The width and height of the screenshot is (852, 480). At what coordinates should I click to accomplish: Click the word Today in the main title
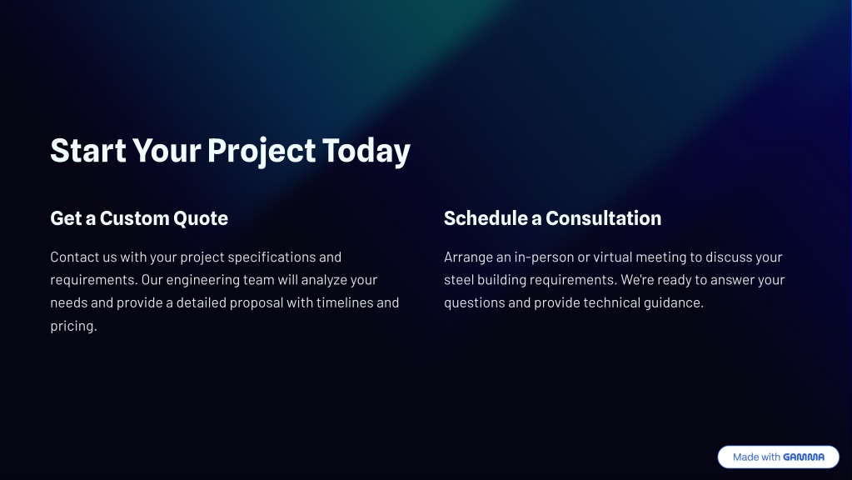coord(366,151)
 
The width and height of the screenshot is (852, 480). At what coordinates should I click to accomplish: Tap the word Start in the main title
coord(88,151)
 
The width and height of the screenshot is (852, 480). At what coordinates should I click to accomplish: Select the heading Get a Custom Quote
coord(139,218)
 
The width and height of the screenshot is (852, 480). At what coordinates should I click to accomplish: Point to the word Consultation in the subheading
coord(603,218)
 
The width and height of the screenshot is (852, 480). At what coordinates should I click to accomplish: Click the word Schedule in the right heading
coord(486,218)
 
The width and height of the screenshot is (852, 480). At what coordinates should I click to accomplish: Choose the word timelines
coord(343,302)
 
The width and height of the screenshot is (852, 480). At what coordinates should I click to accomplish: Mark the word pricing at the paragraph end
coord(73,326)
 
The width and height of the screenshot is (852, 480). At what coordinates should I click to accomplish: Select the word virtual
coord(612,257)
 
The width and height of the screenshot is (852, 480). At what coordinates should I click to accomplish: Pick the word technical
coord(612,302)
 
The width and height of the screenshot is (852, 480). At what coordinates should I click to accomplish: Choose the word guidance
coord(674,302)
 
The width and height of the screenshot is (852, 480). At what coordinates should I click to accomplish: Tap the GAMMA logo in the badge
coord(804,457)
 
